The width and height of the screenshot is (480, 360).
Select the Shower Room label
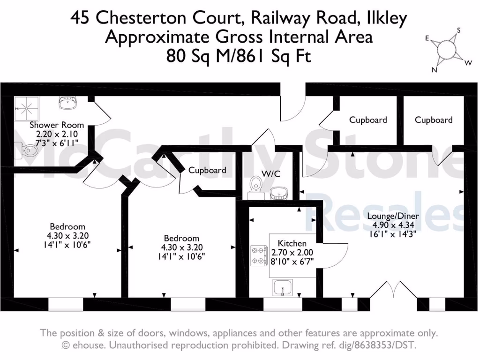57,125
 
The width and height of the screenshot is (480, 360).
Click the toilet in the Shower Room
29,150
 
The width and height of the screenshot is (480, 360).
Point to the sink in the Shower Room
68,104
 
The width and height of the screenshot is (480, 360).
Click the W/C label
270,173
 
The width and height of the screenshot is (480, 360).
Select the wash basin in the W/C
280,192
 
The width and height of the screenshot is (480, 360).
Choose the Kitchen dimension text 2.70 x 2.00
292,252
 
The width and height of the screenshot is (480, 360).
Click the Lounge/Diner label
393,216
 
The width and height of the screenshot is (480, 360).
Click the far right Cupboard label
434,120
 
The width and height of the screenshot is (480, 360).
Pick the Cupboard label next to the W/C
207,170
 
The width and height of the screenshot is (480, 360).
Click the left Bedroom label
68,226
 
